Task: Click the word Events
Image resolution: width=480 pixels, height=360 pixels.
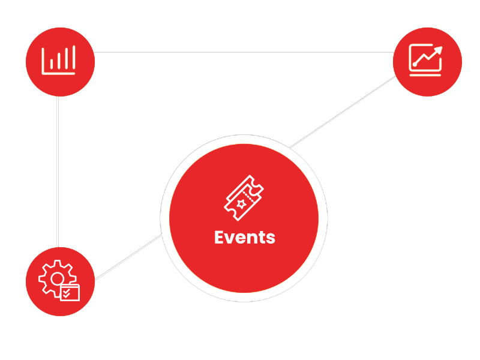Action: click(244, 238)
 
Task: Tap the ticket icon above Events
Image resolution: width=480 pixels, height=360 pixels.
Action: click(244, 197)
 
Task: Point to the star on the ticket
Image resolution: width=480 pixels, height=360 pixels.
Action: click(241, 204)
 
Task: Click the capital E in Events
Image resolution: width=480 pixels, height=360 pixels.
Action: click(219, 238)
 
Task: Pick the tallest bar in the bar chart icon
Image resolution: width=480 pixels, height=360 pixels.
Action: click(74, 58)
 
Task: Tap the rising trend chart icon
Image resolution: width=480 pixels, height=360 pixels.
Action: click(426, 60)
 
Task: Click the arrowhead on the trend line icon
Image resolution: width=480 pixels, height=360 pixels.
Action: click(439, 50)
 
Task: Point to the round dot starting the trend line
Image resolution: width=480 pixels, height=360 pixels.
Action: click(414, 64)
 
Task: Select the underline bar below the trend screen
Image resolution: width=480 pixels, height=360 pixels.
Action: click(426, 75)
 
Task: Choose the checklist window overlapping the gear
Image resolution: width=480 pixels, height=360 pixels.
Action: click(70, 292)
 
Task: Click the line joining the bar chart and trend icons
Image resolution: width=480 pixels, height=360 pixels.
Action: click(240, 52)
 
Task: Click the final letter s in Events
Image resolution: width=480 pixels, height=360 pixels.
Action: click(271, 238)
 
